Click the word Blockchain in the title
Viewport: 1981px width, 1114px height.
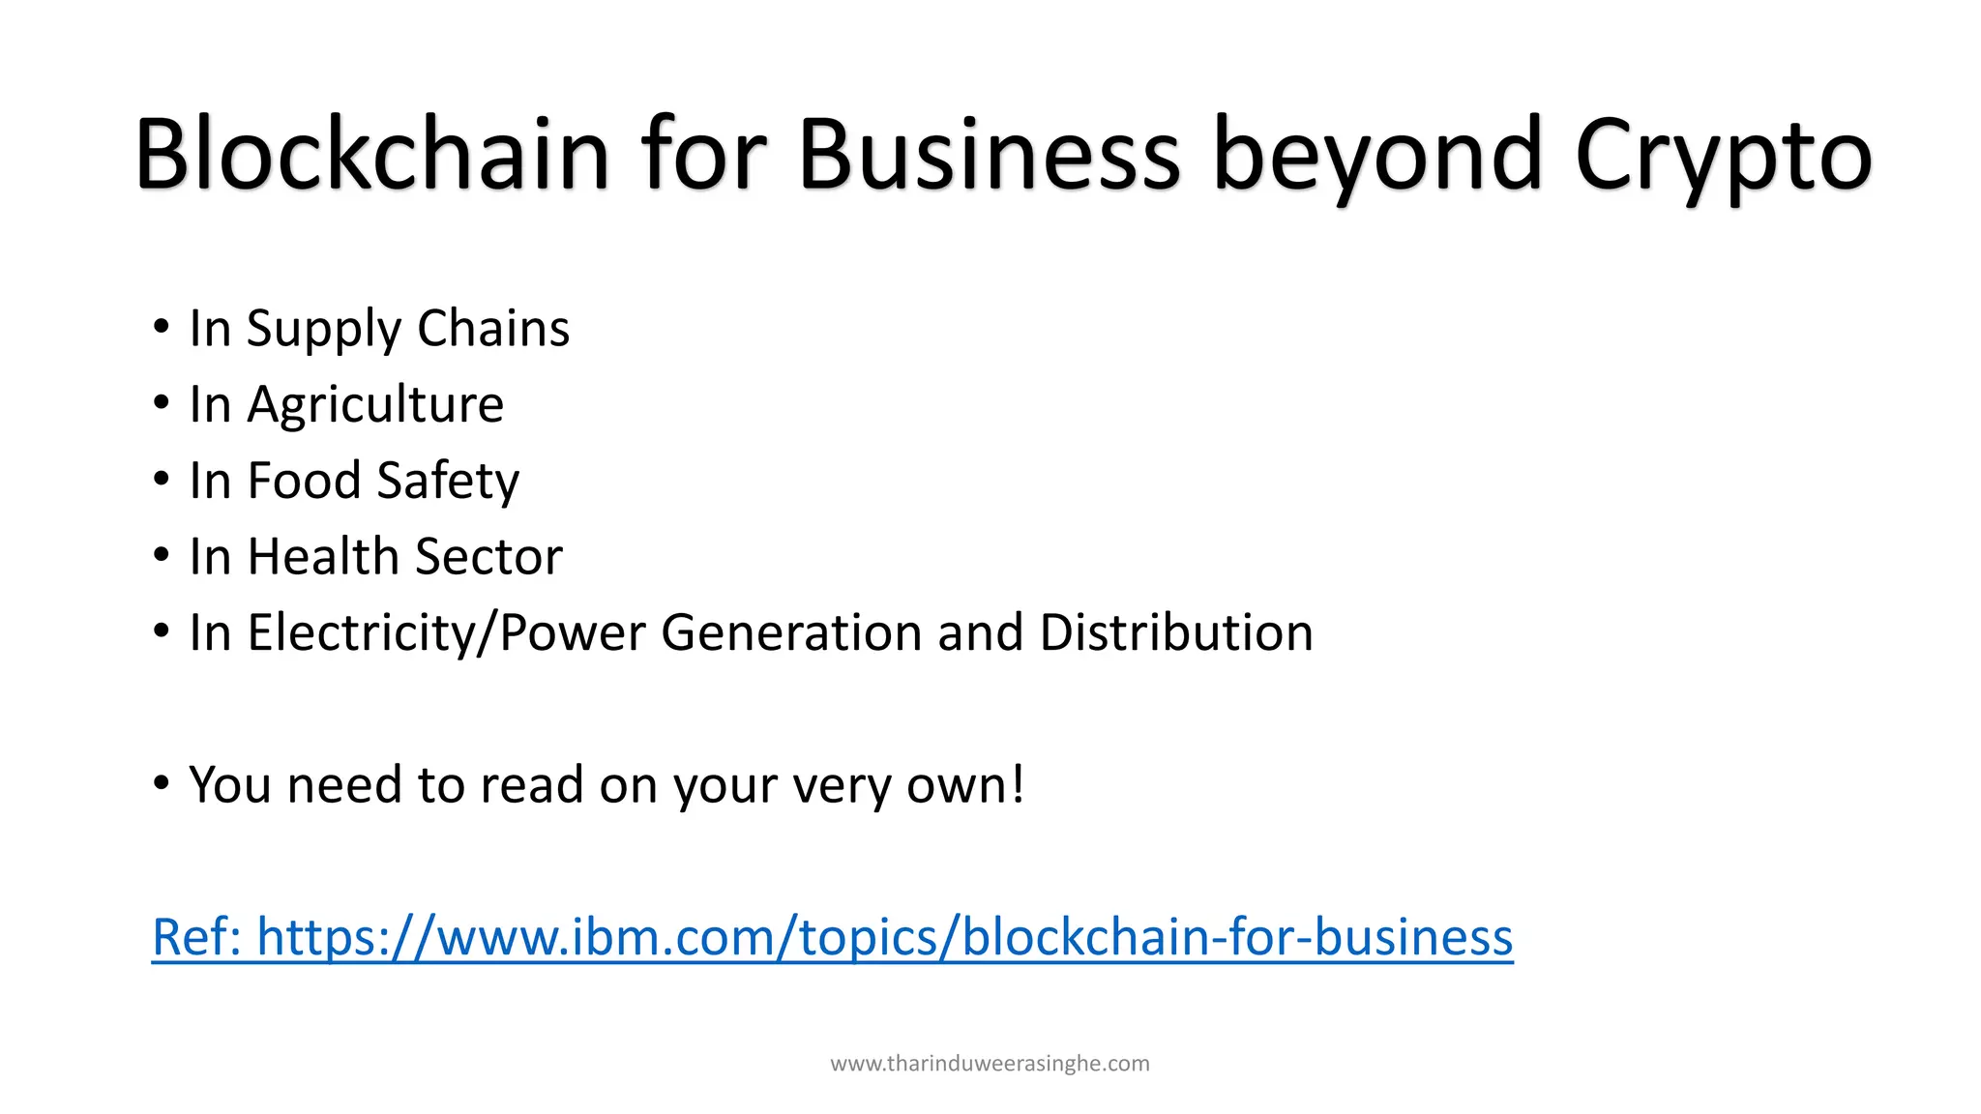[372, 155]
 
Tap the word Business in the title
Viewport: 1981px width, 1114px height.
[989, 155]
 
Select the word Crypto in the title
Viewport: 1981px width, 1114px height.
[1723, 155]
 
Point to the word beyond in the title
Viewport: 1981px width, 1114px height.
[1377, 155]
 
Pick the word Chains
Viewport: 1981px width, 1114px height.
[493, 328]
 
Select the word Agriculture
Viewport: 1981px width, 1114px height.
[375, 404]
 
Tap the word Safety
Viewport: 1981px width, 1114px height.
[448, 482]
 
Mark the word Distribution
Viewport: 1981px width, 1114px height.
[1176, 632]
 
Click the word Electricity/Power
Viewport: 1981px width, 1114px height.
[446, 633]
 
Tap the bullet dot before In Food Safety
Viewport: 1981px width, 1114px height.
[162, 479]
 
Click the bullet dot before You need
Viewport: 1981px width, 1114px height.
[162, 782]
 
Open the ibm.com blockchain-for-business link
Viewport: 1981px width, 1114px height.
[832, 937]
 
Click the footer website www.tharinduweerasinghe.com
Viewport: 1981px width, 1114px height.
[990, 1064]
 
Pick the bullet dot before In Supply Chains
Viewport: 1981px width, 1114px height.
[162, 327]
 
